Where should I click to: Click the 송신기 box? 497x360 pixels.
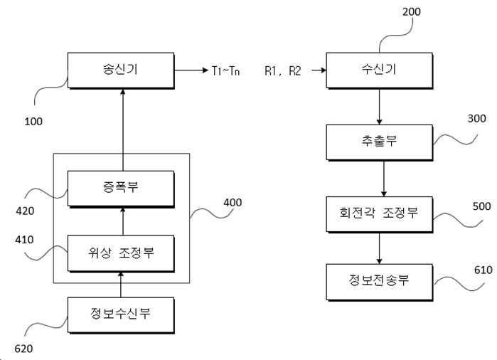pyautogui.click(x=121, y=70)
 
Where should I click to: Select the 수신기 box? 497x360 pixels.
pyautogui.click(x=380, y=70)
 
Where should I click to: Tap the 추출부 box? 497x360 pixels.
pyautogui.click(x=380, y=142)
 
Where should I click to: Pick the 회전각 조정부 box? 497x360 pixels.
pyautogui.click(x=380, y=214)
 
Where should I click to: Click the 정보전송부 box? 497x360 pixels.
pyautogui.click(x=380, y=282)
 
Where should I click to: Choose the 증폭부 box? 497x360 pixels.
pyautogui.click(x=121, y=189)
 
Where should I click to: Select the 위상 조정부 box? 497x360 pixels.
pyautogui.click(x=121, y=253)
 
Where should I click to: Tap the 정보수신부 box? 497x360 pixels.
pyautogui.click(x=121, y=315)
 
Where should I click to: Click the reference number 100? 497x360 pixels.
pyautogui.click(x=33, y=122)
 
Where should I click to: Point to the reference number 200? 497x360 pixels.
pyautogui.click(x=412, y=11)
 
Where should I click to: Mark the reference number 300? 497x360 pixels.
pyautogui.click(x=476, y=119)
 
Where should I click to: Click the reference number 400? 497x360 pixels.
pyautogui.click(x=233, y=203)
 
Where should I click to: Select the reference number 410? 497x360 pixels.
pyautogui.click(x=24, y=240)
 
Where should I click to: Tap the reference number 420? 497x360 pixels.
pyautogui.click(x=25, y=211)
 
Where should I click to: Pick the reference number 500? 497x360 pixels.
pyautogui.click(x=481, y=206)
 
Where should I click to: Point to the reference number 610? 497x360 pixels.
pyautogui.click(x=483, y=270)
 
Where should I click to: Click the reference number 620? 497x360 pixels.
pyautogui.click(x=23, y=349)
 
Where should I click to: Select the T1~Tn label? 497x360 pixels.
pyautogui.click(x=225, y=70)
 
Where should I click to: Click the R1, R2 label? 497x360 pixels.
pyautogui.click(x=282, y=70)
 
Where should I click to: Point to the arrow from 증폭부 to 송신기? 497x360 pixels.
pyautogui.click(x=123, y=130)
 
